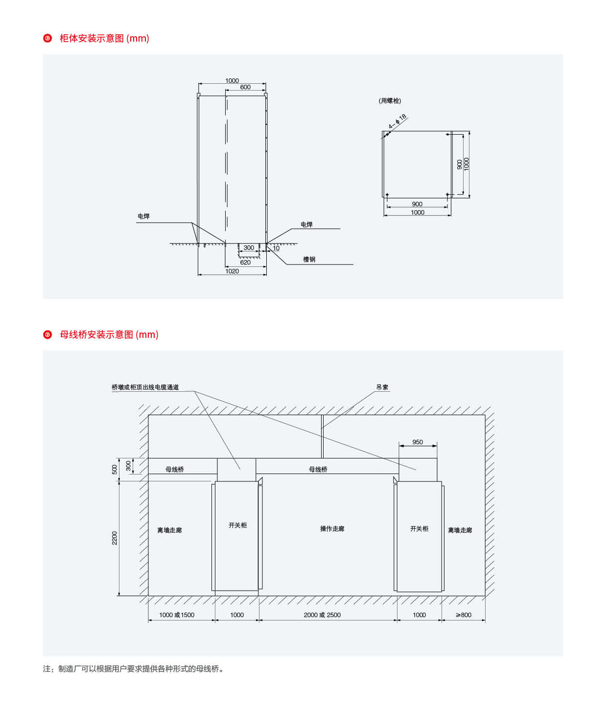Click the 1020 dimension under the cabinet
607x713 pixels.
(232, 271)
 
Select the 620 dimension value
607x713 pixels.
(245, 262)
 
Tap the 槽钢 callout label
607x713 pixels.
(309, 260)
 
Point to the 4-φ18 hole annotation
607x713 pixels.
(397, 122)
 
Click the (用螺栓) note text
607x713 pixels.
(390, 101)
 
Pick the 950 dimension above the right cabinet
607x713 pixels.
(417, 442)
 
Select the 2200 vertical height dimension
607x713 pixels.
(115, 538)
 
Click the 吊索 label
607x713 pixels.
(382, 387)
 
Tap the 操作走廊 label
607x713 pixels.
(332, 529)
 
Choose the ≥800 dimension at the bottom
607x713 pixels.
(463, 615)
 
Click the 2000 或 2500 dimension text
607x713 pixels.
(322, 615)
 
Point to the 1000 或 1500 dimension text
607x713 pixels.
(177, 615)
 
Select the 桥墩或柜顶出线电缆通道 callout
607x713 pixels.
(145, 387)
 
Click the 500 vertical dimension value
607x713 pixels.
(115, 470)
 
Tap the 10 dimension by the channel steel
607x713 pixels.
(276, 248)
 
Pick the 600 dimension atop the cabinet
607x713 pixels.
(245, 87)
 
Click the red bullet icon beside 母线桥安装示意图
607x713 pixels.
(47, 334)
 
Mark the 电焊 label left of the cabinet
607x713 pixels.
(143, 216)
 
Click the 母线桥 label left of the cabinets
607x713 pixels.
(174, 470)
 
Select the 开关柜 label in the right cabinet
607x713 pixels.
(419, 529)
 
